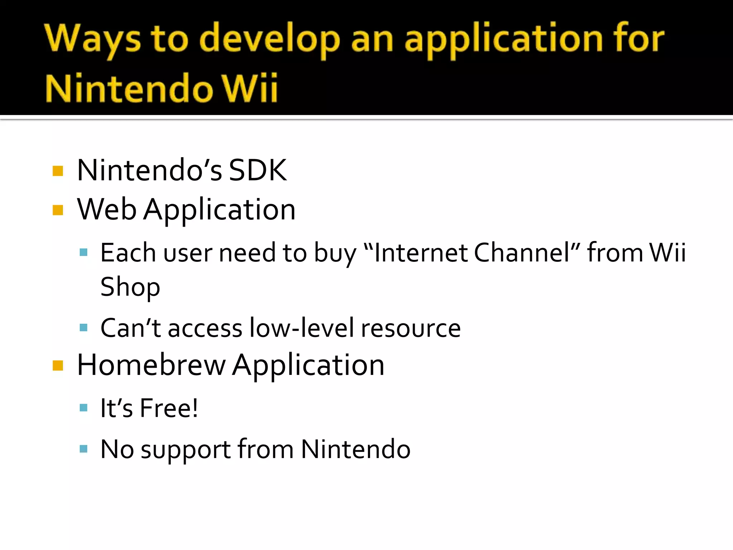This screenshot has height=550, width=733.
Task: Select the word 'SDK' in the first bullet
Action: [x=258, y=170]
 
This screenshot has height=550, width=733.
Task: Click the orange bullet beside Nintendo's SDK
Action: [x=58, y=171]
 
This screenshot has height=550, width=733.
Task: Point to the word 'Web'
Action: [x=107, y=209]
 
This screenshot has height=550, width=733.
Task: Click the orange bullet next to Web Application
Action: [x=58, y=210]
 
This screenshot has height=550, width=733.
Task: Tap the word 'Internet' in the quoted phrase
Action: [x=421, y=253]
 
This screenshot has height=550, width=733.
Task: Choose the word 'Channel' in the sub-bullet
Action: [x=522, y=253]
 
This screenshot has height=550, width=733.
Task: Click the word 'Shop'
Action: [x=130, y=287]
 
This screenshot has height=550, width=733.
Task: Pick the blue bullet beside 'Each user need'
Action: [x=84, y=252]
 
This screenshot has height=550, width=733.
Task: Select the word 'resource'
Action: [x=411, y=328]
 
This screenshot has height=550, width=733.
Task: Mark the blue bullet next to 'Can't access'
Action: [x=84, y=327]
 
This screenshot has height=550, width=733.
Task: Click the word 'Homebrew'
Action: [x=151, y=365]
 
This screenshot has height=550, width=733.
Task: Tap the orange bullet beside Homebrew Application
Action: [x=58, y=366]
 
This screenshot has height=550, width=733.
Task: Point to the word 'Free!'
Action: [x=169, y=408]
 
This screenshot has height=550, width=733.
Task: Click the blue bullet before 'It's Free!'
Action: [x=84, y=407]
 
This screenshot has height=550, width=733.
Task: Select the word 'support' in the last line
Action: [x=185, y=450]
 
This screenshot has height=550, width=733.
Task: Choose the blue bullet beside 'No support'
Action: [x=84, y=449]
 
